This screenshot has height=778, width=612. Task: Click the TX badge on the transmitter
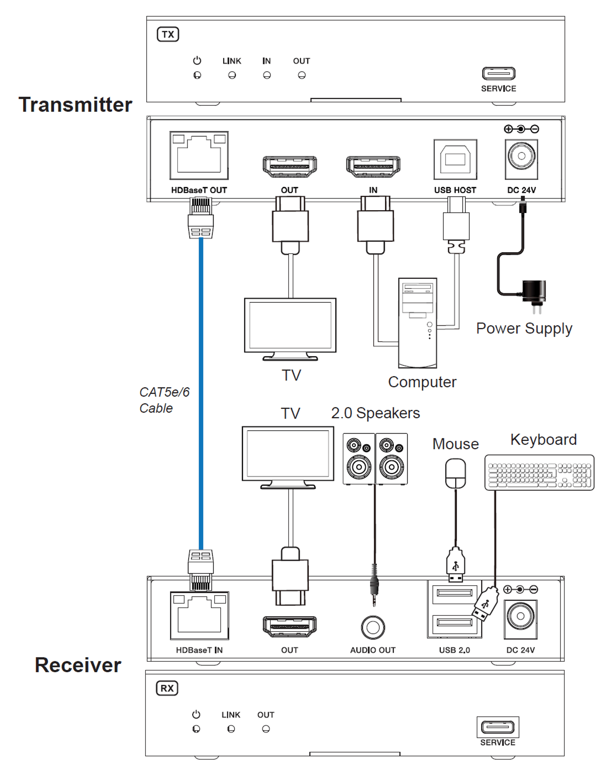pos(168,35)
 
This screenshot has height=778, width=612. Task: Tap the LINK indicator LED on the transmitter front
pos(232,75)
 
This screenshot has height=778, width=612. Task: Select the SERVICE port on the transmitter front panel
pos(499,73)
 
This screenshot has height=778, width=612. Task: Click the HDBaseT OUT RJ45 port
pos(199,155)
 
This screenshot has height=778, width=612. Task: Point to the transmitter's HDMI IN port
pos(373,166)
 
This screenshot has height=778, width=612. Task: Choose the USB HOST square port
pos(455,159)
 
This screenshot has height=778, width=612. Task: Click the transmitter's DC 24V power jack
pos(521,159)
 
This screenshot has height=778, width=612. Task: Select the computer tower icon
pos(417,323)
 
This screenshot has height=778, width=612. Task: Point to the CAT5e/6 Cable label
pos(165,400)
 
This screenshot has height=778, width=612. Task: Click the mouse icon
pos(455,473)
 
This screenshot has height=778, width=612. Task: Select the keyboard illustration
pos(540,472)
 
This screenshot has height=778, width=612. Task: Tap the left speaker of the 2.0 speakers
pos(359,459)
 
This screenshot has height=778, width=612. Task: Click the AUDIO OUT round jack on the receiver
pos(373,627)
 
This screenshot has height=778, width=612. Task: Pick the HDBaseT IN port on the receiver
pos(199,615)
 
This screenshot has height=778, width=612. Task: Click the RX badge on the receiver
pos(167,688)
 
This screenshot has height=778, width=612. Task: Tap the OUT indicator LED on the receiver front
pos(266,729)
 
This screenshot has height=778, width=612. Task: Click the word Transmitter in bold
pos(76,105)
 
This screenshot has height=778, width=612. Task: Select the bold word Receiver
pos(78,665)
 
